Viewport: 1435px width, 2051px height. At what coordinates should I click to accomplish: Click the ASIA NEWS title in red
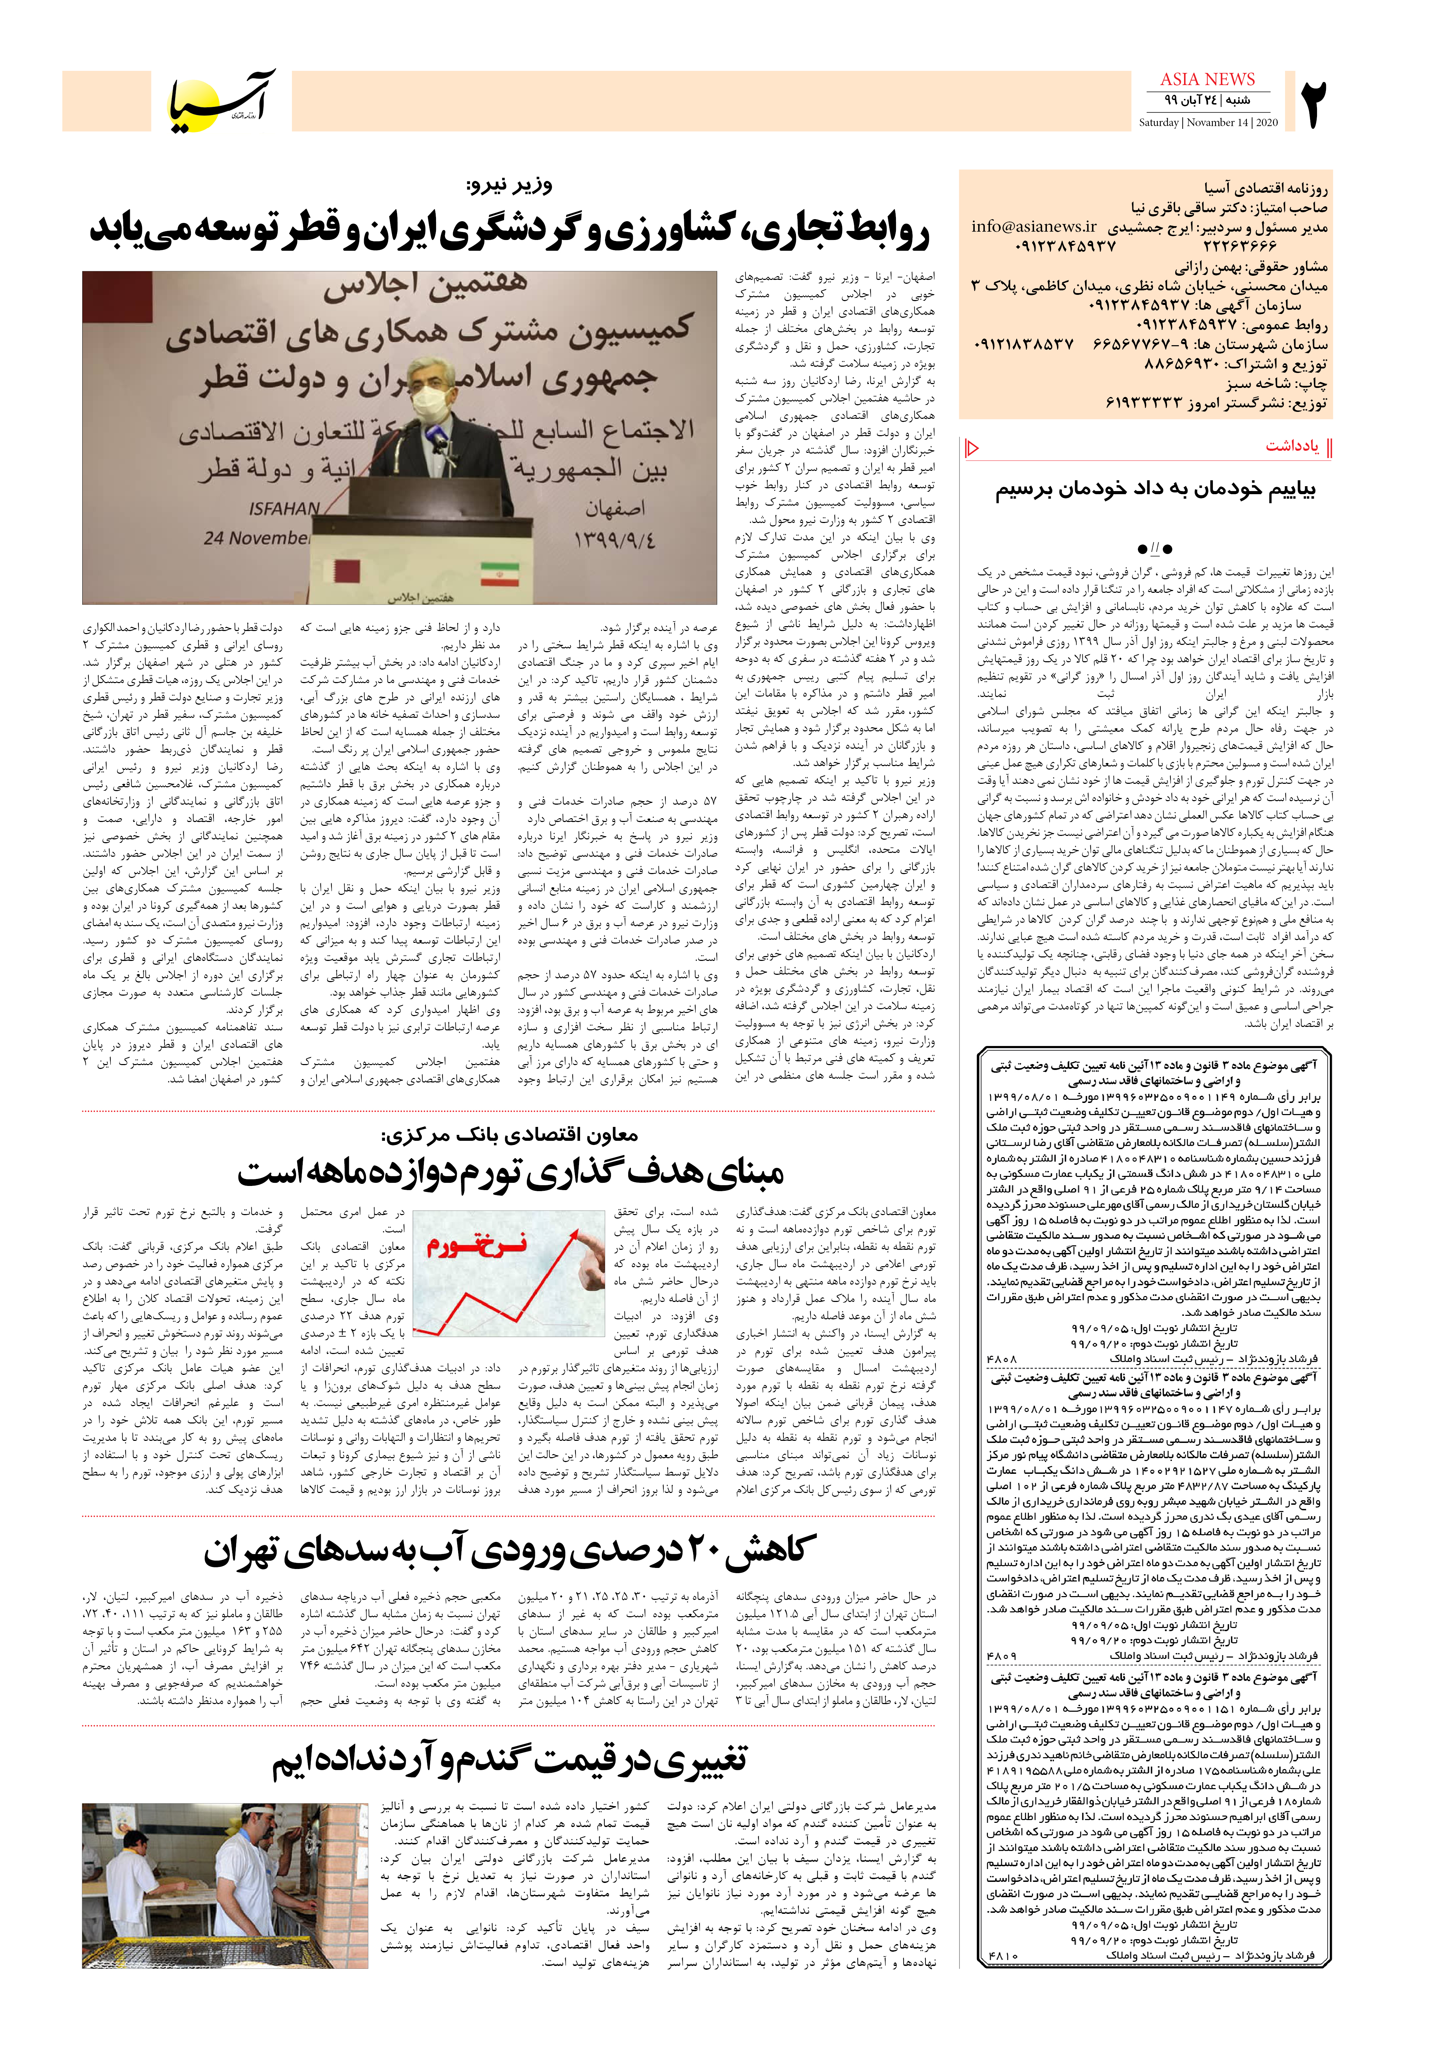(x=1207, y=80)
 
